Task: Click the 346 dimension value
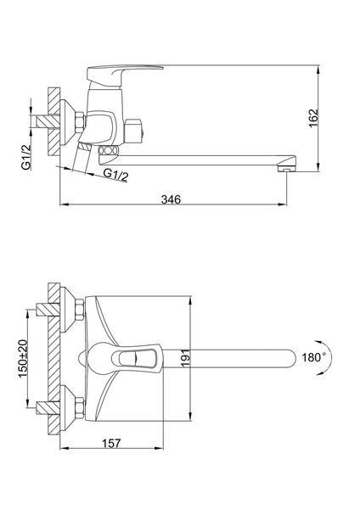pos(171,199)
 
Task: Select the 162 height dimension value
pos(313,119)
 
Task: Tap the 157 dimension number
pos(111,443)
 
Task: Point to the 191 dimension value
pos(185,358)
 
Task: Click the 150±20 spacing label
pos(23,359)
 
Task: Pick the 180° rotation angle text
pos(314,358)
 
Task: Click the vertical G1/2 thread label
pos(26,157)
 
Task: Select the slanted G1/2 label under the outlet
pos(115,175)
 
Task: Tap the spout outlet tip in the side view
pos(286,169)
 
